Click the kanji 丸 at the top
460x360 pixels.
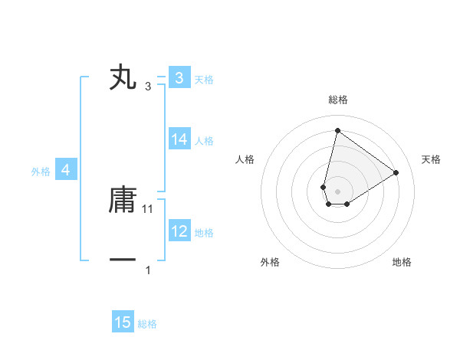[x=123, y=78]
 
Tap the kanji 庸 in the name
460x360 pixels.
[x=123, y=201]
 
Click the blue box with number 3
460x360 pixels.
[x=179, y=78]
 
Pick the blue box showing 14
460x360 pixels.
[x=179, y=139]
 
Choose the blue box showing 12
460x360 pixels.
[x=179, y=231]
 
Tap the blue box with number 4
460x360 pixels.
[x=66, y=170]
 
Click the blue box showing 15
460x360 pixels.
[x=123, y=322]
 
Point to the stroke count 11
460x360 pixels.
[x=149, y=209]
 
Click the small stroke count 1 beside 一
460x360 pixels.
[x=148, y=270]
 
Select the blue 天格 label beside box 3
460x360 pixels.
[x=204, y=79]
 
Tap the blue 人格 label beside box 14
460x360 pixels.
[x=204, y=140]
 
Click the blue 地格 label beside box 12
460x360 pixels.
[x=204, y=232]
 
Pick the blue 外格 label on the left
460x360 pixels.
[x=41, y=172]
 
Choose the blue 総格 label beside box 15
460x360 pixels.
[x=147, y=324]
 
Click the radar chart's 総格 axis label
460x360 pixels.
[x=337, y=100]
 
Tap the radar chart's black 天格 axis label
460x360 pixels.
[x=431, y=159]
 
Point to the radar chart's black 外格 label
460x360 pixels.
[x=270, y=263]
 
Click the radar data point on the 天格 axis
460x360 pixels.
[x=396, y=172]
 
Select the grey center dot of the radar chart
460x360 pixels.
[x=337, y=191]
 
